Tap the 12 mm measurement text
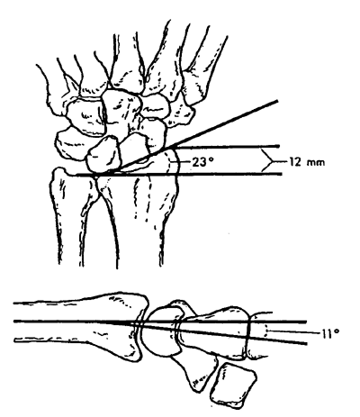click(x=307, y=162)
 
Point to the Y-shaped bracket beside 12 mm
click(x=272, y=161)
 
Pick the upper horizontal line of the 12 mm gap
click(x=228, y=147)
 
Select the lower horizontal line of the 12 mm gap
click(x=179, y=174)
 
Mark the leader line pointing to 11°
click(x=294, y=332)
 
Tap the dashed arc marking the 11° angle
click(x=265, y=332)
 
